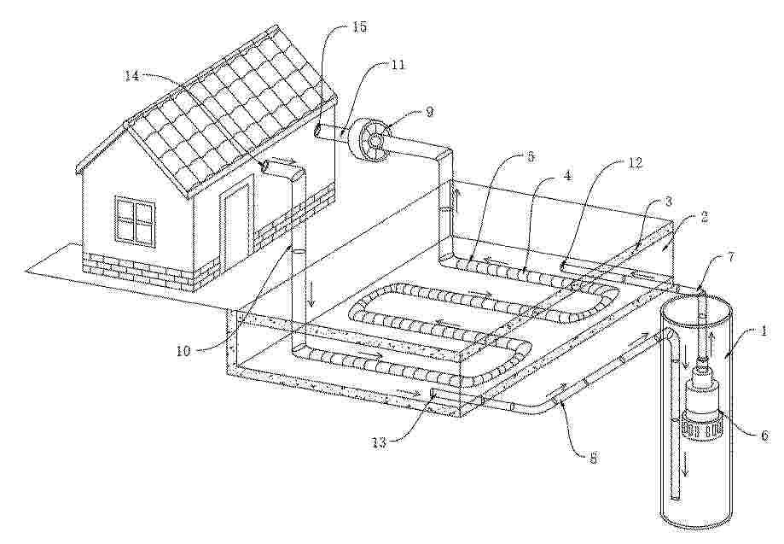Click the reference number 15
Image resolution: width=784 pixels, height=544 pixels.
click(359, 27)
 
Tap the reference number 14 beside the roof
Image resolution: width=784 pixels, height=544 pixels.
click(131, 76)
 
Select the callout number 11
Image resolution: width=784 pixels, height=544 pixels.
click(398, 65)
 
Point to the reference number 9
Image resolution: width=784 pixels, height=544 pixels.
click(430, 111)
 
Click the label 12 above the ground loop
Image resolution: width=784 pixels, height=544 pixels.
click(634, 164)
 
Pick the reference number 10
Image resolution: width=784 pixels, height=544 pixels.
click(183, 350)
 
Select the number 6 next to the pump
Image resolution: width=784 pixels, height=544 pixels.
click(764, 436)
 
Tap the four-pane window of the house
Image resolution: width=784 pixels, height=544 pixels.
click(134, 219)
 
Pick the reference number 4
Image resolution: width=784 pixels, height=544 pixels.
click(569, 176)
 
